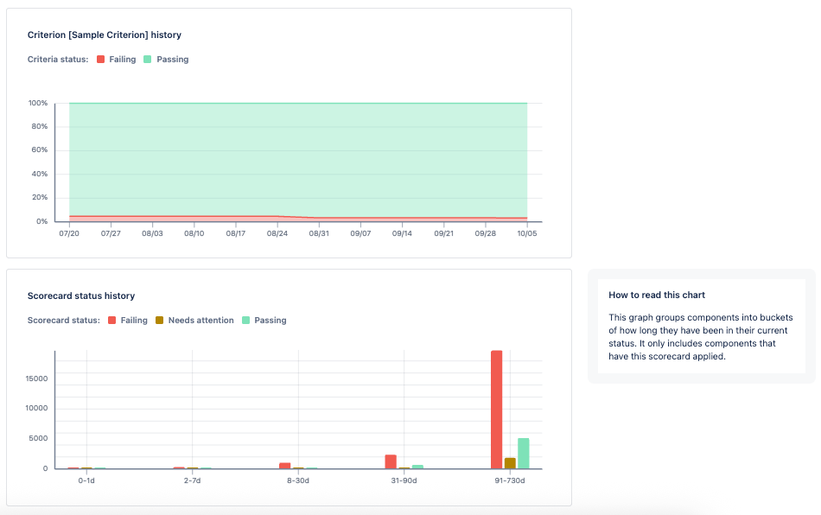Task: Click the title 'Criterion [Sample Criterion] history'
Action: pos(105,35)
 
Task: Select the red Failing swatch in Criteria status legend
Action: pos(101,60)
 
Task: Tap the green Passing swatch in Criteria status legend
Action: pos(148,60)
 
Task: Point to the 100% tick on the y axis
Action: pos(38,104)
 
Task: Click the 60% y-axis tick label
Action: pos(40,150)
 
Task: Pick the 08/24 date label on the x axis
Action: pos(277,233)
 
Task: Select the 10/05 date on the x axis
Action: pos(527,233)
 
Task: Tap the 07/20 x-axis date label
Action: pos(69,233)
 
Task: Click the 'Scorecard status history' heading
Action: pos(81,296)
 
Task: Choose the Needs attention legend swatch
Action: pos(160,321)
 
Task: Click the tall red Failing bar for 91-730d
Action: pos(496,410)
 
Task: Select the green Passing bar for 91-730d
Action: pos(523,454)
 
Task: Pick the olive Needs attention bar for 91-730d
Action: pos(510,463)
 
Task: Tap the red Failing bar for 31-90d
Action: pos(391,461)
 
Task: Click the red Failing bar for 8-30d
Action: pos(285,466)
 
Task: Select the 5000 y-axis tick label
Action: pos(38,438)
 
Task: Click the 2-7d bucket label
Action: pos(192,480)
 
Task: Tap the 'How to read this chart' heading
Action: pos(657,296)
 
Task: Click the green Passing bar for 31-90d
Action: pos(417,467)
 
